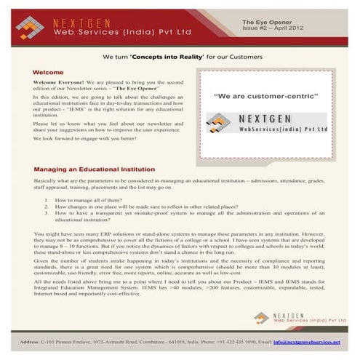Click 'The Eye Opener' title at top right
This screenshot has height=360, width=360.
click(265, 23)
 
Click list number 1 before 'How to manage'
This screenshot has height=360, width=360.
click(47, 199)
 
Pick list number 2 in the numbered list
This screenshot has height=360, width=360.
click(47, 207)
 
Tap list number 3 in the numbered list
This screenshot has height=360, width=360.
click(47, 213)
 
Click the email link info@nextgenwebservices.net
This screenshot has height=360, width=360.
click(307, 342)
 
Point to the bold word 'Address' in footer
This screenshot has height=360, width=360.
click(29, 342)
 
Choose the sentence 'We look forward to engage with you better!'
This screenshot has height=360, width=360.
click(86, 137)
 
